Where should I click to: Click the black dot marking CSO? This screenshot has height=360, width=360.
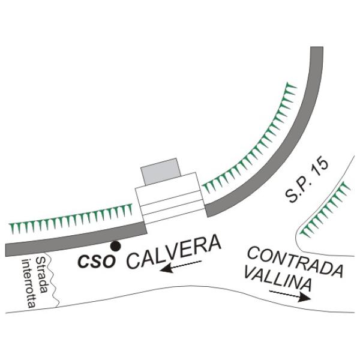click(115, 246)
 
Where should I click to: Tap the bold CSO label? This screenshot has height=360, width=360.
click(97, 261)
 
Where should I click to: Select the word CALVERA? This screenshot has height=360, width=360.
click(174, 251)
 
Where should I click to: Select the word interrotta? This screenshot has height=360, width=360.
click(29, 283)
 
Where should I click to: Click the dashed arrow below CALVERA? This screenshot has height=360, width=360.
click(181, 266)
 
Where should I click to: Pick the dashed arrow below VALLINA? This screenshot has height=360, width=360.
click(290, 295)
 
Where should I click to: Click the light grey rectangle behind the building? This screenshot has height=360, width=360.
click(160, 171)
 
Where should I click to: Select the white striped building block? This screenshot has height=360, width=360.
click(170, 198)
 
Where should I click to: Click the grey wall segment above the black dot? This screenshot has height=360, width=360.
click(76, 239)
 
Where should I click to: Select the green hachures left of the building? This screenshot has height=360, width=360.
click(71, 219)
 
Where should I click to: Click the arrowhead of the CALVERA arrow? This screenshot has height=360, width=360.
click(166, 268)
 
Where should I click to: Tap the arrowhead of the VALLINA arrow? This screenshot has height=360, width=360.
click(305, 298)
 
